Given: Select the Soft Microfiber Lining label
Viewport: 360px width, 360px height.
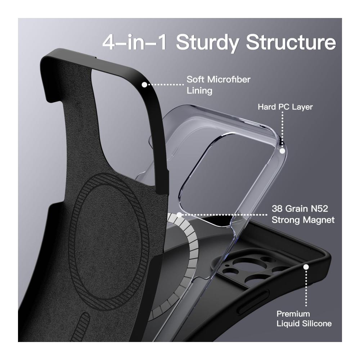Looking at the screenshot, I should (x=218, y=85).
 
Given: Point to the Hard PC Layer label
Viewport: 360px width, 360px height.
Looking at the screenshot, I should (x=285, y=107).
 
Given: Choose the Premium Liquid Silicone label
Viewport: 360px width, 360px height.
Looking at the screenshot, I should (x=304, y=319).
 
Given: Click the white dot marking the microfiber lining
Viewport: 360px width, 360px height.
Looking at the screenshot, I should (x=144, y=85).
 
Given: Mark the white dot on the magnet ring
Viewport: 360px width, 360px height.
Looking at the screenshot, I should (x=179, y=215).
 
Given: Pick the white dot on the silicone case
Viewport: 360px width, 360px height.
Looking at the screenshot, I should (x=306, y=267).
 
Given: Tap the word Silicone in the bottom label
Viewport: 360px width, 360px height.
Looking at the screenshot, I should (x=317, y=324).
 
